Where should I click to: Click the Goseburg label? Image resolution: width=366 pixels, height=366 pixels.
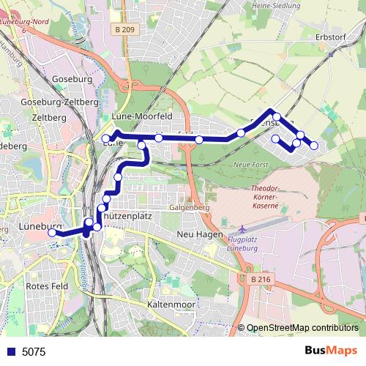point(71,79)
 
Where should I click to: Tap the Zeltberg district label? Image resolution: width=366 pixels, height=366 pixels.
point(50,117)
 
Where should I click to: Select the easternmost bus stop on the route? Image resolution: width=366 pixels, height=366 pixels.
point(314,146)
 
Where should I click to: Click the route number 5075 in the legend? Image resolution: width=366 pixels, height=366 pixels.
point(34,351)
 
